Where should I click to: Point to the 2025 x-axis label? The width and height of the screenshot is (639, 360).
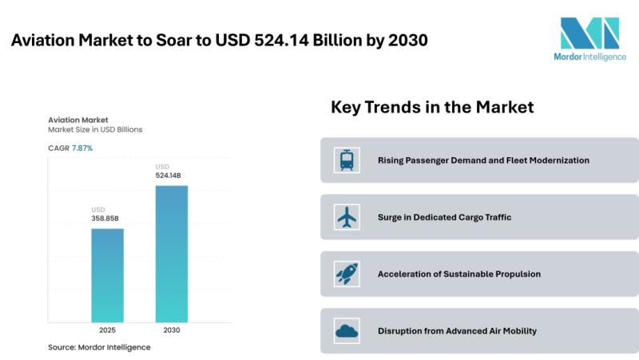(x=107, y=329)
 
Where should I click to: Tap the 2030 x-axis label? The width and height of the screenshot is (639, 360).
(x=171, y=329)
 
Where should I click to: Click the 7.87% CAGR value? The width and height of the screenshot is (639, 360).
(x=82, y=148)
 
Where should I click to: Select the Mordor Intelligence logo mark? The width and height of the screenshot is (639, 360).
(x=589, y=34)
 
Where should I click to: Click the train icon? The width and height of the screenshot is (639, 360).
(x=347, y=160)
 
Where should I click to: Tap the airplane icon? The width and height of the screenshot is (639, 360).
(x=347, y=217)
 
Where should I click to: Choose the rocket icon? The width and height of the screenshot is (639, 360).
(x=347, y=274)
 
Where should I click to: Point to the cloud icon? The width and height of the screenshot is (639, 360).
(x=347, y=330)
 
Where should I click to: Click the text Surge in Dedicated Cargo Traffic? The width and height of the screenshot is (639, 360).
(x=444, y=217)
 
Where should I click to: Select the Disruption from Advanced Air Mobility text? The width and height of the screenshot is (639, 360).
(x=457, y=330)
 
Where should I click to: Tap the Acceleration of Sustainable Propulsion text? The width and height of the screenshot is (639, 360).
(x=459, y=274)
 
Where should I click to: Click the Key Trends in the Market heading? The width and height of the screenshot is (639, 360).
(x=432, y=107)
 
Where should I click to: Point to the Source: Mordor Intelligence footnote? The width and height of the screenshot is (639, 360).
(x=99, y=347)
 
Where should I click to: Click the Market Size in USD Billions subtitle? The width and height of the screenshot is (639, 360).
(x=95, y=129)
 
